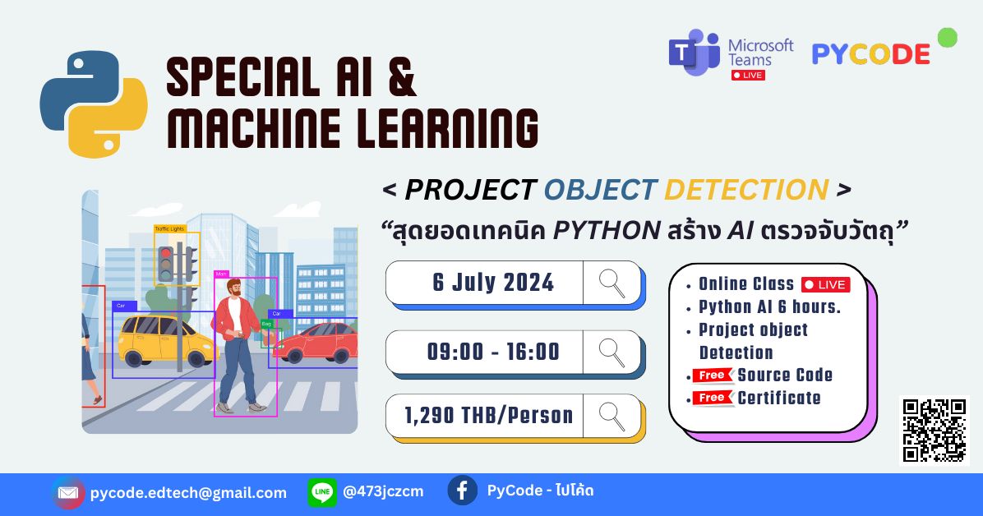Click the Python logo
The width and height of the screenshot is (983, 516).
tap(94, 104)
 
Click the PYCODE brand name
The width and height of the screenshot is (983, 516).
tap(870, 54)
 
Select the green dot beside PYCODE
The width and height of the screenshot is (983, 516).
tap(947, 37)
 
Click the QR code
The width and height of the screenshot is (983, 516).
tap(935, 430)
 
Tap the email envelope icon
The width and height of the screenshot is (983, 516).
tap(68, 493)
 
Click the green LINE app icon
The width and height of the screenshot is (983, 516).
tap(322, 492)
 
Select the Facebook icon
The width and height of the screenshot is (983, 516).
tap(462, 491)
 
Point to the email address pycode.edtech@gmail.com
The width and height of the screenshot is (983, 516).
tap(188, 493)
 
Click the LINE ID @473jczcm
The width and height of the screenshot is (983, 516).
tap(383, 492)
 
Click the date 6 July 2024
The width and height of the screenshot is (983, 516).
tap(493, 283)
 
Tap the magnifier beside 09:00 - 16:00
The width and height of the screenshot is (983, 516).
tap(611, 352)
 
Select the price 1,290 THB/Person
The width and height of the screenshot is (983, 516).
tap(488, 415)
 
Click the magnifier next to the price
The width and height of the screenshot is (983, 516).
tap(611, 416)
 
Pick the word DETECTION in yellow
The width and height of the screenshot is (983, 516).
tap(745, 190)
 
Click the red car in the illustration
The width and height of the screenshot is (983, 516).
tap(316, 344)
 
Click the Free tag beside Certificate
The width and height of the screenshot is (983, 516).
tap(713, 398)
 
